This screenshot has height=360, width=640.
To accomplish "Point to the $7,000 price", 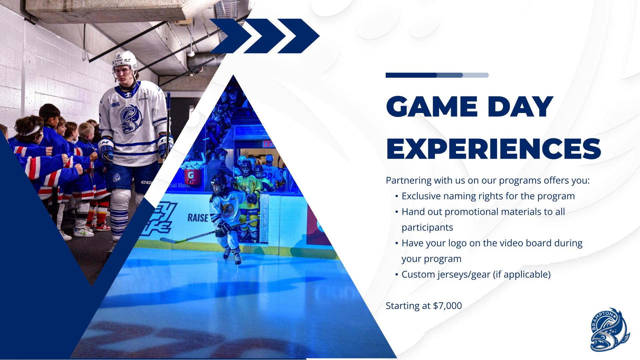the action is coord(447,306).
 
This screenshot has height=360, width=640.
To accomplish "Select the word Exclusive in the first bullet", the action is coord(421,196).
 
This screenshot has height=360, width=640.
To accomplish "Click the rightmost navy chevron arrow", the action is coord(299,36).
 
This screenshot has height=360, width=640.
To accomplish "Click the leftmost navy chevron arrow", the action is coord(231,36).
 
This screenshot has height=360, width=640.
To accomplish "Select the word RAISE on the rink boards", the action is coord(198,218).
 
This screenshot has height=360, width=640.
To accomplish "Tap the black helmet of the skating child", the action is coord(218,183).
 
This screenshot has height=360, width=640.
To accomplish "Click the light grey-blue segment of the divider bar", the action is coord(476,75).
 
